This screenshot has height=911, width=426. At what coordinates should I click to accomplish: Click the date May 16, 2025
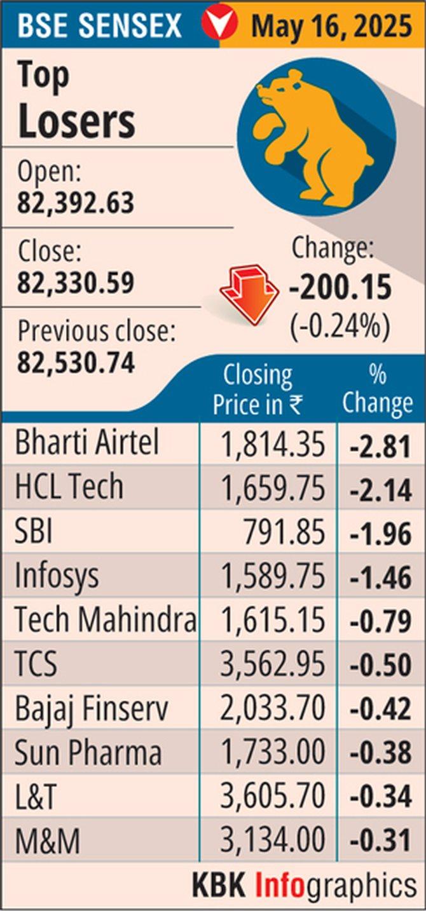[331, 26]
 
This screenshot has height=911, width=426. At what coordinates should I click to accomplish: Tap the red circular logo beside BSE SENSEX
[219, 25]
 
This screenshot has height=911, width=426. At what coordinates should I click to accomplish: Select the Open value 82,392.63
[76, 203]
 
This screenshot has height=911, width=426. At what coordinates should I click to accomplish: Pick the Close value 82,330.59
[76, 283]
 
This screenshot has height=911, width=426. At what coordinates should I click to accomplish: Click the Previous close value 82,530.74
[76, 363]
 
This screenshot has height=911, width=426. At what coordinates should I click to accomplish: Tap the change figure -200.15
[340, 289]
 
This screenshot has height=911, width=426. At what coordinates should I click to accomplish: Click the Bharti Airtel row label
[86, 443]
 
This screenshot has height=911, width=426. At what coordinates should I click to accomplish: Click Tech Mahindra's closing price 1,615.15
[272, 621]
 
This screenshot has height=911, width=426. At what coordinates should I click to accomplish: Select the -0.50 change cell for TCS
[380, 665]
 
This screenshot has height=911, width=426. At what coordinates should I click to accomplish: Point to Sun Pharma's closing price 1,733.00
[272, 753]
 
